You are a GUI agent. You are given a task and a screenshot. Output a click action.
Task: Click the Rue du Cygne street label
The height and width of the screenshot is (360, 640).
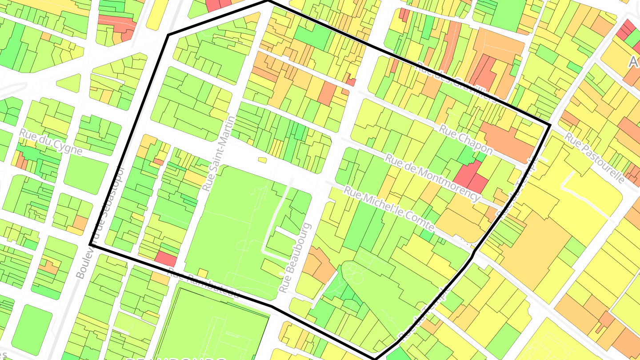coord(51,142)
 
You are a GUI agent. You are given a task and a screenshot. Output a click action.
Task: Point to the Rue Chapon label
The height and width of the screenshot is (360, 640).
coord(466,140)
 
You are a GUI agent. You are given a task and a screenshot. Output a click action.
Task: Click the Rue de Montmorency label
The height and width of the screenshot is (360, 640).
coord(433,177)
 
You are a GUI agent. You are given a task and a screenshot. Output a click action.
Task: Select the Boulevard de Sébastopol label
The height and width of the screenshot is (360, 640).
coord(100,222)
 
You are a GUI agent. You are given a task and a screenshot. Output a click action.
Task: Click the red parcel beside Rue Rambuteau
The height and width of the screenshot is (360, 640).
coord(166,258)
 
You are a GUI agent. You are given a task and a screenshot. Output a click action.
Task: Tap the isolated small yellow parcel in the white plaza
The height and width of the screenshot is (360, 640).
coord(262,160)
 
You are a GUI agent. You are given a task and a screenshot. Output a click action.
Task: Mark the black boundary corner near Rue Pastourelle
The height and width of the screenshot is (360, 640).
coord(550,125)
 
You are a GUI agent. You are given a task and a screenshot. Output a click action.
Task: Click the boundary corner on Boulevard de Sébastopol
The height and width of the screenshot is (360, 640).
coord(90,244)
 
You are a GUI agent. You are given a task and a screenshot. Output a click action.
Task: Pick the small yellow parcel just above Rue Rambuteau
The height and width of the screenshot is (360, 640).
coord(203,272)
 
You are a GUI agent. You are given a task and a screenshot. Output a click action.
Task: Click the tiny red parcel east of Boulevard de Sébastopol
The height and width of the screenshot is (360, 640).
coord(158,162)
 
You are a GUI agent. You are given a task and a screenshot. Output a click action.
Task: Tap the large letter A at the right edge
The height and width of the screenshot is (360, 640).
coord(635,62)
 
